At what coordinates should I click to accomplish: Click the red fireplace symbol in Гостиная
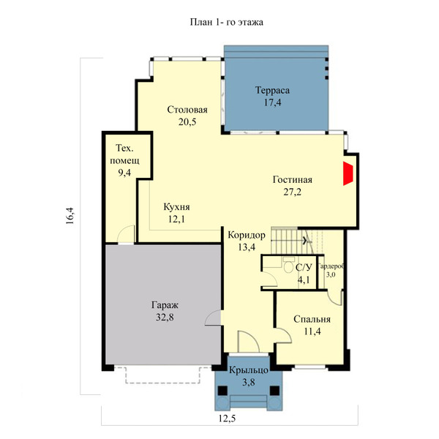348,173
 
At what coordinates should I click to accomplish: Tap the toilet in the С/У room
288,265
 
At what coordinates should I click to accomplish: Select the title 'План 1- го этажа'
227,22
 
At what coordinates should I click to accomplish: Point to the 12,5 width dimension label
227,419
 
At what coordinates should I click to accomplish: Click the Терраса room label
272,91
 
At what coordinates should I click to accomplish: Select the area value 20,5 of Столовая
187,122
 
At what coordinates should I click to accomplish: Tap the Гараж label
165,305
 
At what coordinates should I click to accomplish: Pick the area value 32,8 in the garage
165,318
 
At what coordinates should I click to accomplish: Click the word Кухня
176,207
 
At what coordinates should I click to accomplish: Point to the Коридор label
247,235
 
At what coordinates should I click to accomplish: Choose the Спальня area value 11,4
312,331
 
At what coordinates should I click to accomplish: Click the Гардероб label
331,266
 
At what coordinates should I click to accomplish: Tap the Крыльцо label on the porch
249,370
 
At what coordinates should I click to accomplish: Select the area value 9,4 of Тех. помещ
124,173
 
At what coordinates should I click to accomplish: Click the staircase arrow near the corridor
304,240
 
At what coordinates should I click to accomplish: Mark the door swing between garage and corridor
213,318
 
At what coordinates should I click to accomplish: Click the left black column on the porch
222,390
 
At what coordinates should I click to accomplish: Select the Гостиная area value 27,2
292,192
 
